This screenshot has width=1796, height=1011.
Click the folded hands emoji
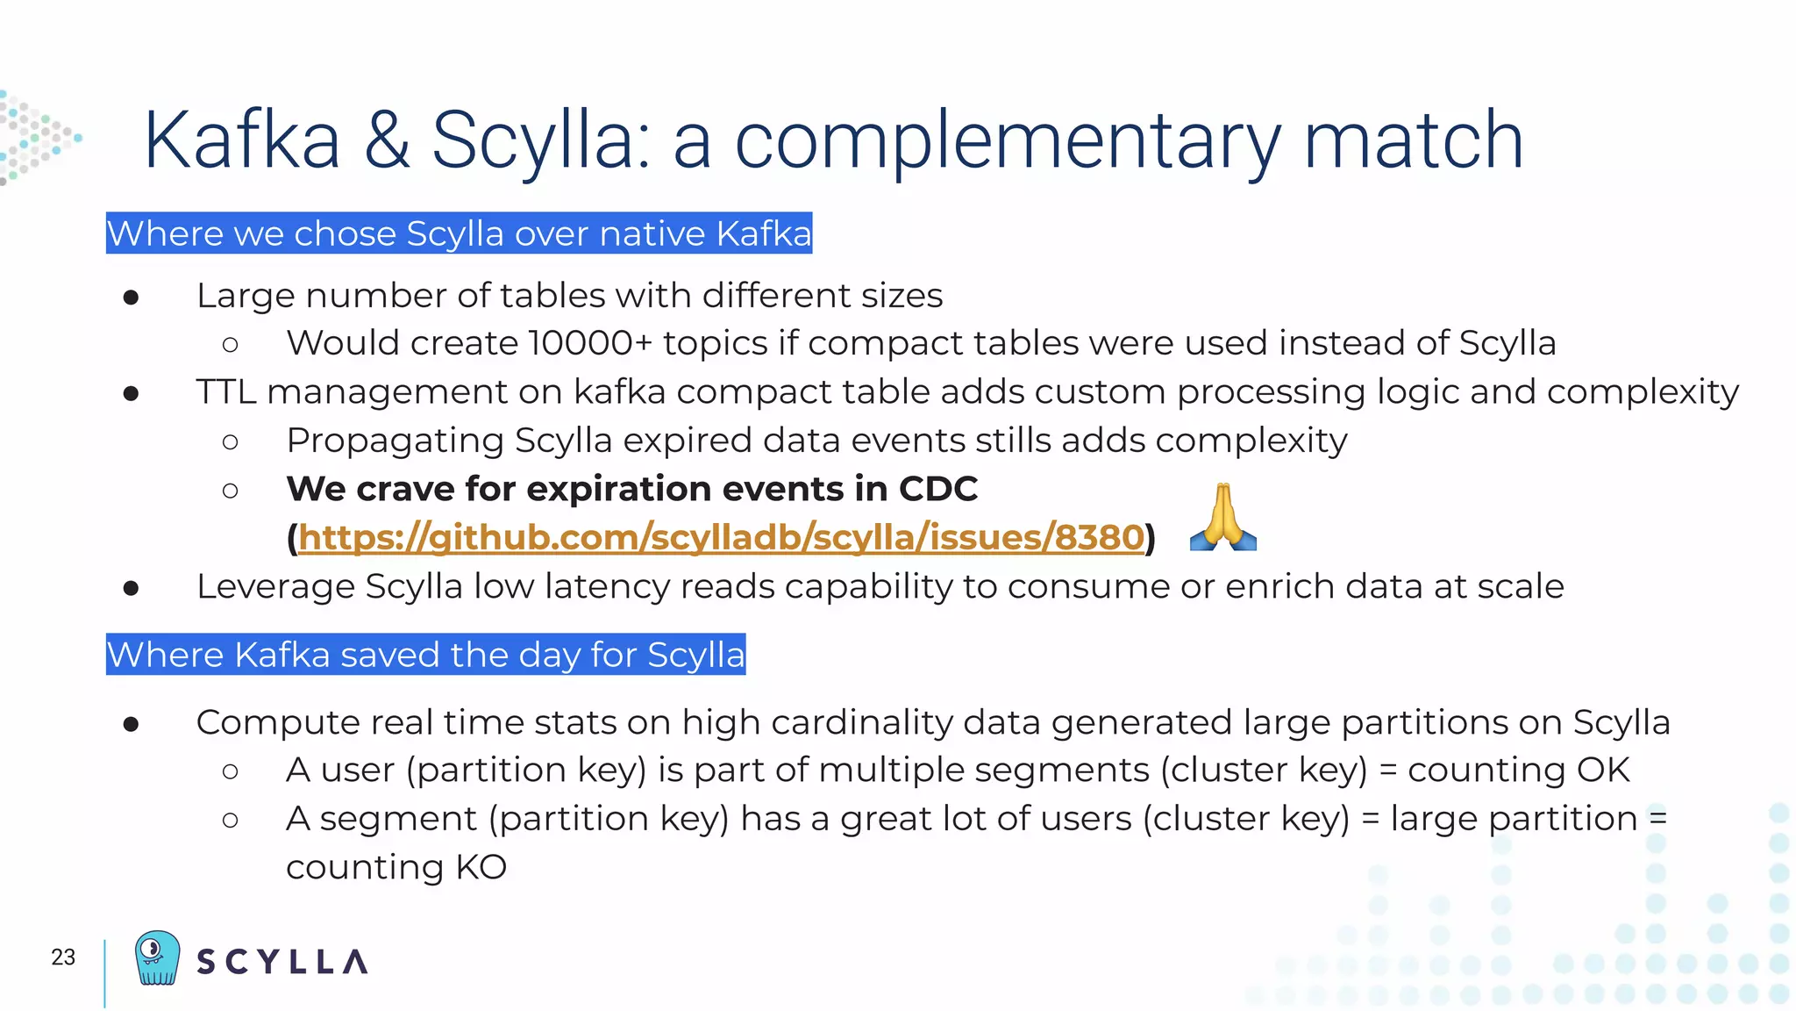click(x=1222, y=518)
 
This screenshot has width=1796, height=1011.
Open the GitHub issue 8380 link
click(x=721, y=537)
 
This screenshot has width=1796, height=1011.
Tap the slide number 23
click(x=63, y=957)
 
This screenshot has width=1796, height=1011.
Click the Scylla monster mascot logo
click(x=158, y=957)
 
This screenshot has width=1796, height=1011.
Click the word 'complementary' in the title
click(x=1008, y=142)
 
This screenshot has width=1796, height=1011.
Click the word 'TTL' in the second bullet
click(x=225, y=392)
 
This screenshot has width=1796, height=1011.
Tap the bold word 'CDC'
click(x=937, y=489)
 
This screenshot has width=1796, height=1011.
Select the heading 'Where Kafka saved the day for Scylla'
click(x=425, y=655)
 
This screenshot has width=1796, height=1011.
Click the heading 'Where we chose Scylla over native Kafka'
click(x=459, y=233)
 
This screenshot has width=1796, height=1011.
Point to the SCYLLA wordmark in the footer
click(x=282, y=962)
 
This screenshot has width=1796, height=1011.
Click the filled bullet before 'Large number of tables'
click(x=132, y=298)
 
